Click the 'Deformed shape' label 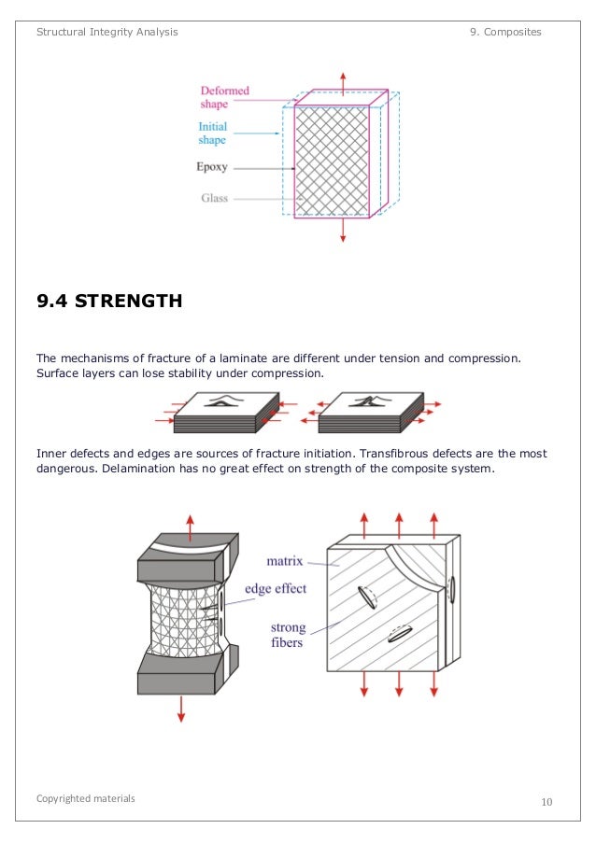pos(224,97)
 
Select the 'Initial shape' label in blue pos(212,133)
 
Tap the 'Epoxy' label pos(211,168)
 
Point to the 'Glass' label pos(215,198)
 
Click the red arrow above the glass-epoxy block pos(343,80)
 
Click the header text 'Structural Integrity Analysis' pos(106,32)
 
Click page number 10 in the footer pos(546,802)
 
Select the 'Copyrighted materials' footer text pos(85,798)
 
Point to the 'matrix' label pos(286,561)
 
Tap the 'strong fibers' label pos(288,635)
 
